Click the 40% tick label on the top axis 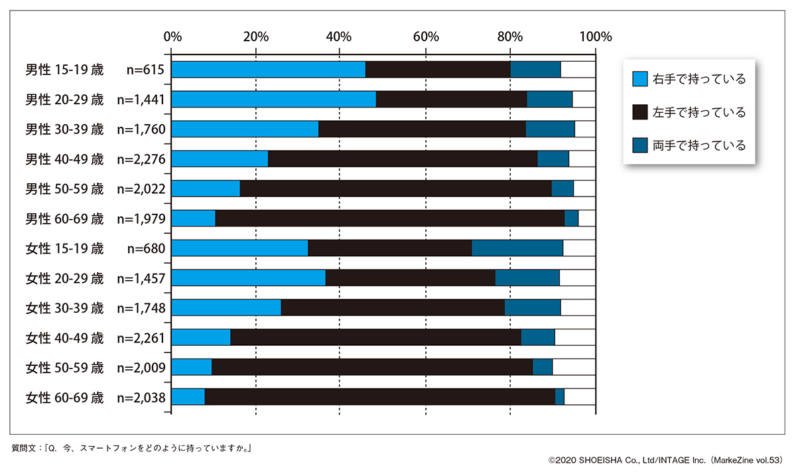[x=340, y=36]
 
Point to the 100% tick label [x=594, y=36]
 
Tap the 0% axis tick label [x=172, y=36]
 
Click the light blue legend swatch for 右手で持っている [x=639, y=79]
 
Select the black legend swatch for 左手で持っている [x=639, y=112]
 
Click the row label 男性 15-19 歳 [x=64, y=70]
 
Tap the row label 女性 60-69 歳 [x=64, y=398]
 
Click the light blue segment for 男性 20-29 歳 [x=274, y=100]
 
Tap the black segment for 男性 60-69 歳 [x=389, y=218]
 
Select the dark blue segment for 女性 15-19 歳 [x=517, y=248]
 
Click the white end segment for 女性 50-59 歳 [x=574, y=367]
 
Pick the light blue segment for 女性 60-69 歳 [x=188, y=397]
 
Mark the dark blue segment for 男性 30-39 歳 [x=550, y=129]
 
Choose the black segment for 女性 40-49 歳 [x=375, y=337]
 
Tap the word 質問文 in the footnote [x=27, y=447]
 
